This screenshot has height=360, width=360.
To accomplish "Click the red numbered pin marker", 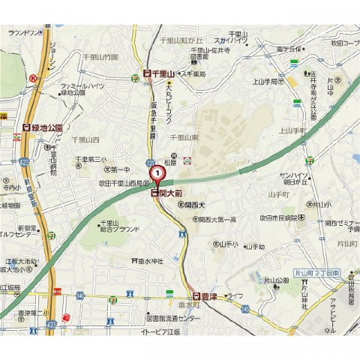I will (158, 174).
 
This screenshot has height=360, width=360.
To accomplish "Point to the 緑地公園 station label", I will (44, 127).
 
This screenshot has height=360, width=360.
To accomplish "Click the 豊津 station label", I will (207, 296).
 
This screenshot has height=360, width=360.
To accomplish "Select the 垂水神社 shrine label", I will (151, 260).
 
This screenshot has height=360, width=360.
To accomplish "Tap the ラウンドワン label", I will (22, 33).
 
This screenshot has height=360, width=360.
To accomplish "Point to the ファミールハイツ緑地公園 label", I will (82, 90).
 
